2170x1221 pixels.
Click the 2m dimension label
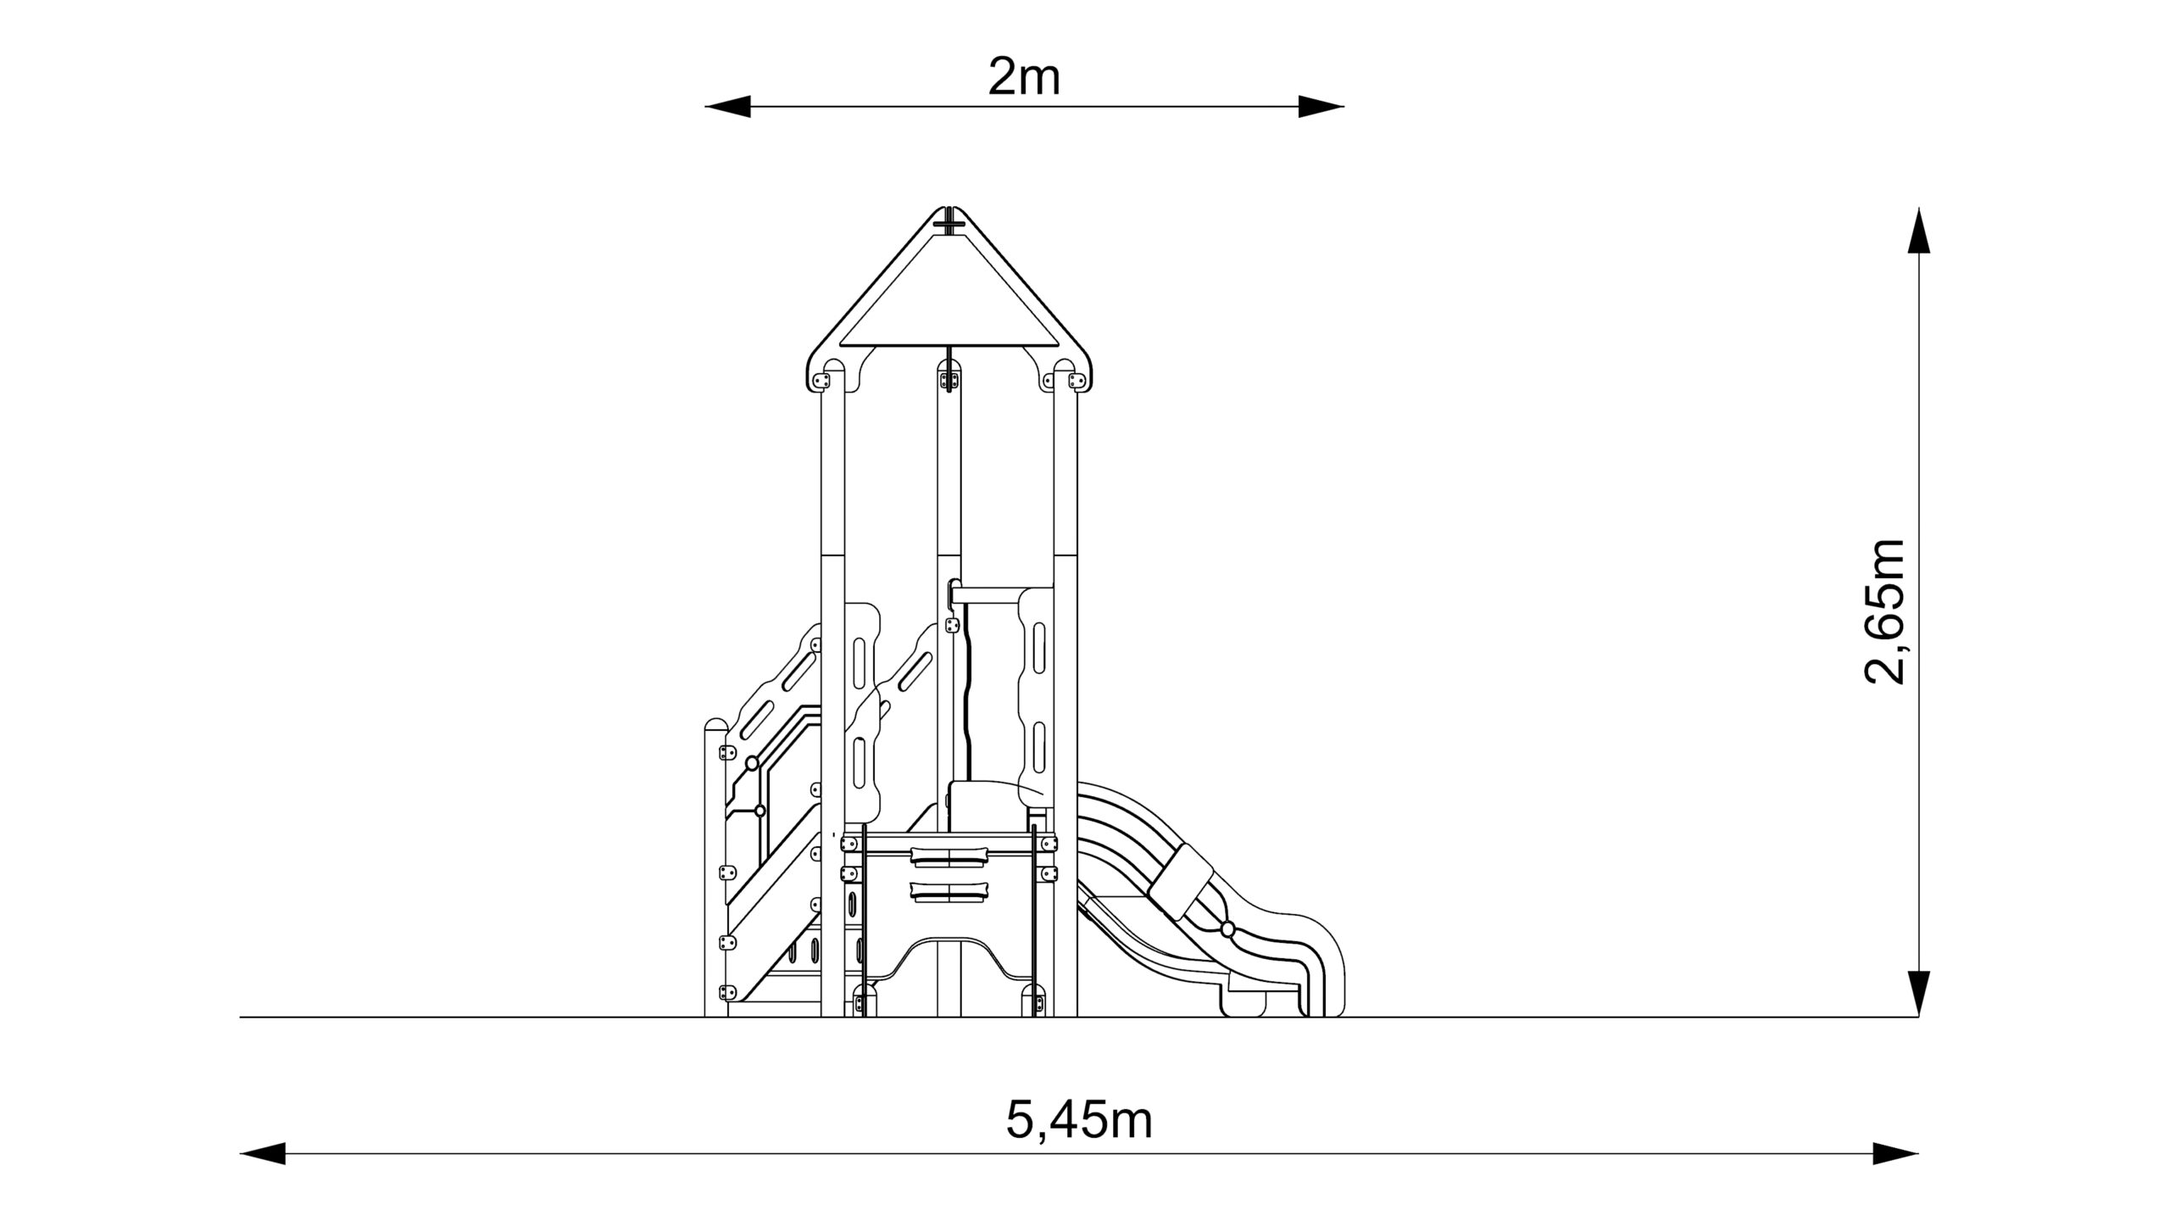tap(1024, 79)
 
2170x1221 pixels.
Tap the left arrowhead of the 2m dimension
tap(727, 106)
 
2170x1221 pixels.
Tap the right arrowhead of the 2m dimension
tap(1321, 106)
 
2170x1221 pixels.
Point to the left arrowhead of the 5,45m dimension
tap(263, 1153)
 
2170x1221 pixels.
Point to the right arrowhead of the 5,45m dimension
tap(1895, 1153)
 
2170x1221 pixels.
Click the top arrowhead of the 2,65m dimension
tap(1918, 230)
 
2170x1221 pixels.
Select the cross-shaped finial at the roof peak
tap(949, 224)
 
